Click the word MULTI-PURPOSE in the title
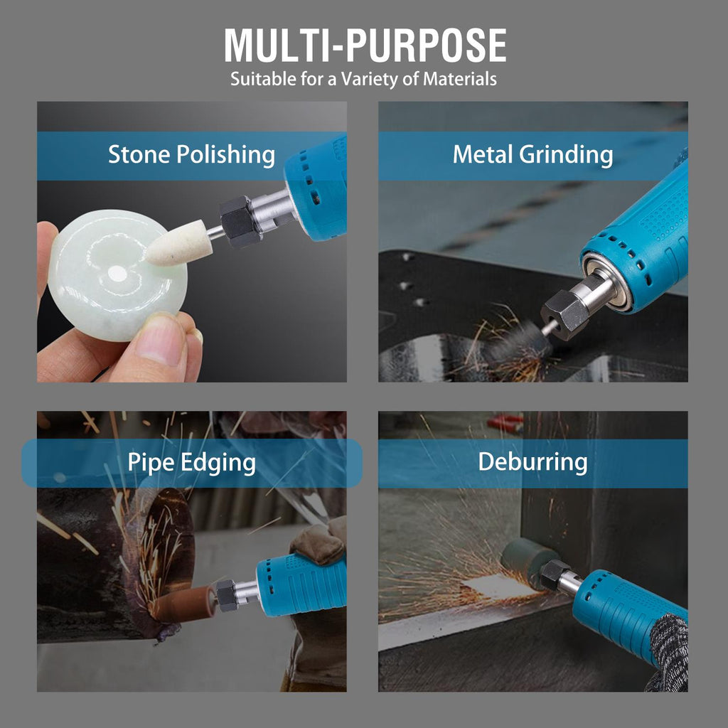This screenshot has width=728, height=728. [365, 45]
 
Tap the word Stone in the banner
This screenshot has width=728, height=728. [139, 154]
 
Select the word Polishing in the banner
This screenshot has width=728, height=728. [225, 155]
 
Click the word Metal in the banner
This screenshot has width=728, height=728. [483, 154]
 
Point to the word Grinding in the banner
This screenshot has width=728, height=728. [566, 155]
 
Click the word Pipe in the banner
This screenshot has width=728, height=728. [151, 463]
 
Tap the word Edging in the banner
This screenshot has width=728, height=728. [218, 463]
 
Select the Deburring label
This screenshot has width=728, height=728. [532, 462]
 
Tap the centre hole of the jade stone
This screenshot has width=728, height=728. [117, 274]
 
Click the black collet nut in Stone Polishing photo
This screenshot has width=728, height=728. [240, 221]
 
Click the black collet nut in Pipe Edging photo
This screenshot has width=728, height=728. [227, 596]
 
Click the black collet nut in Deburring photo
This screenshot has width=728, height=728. [555, 574]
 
